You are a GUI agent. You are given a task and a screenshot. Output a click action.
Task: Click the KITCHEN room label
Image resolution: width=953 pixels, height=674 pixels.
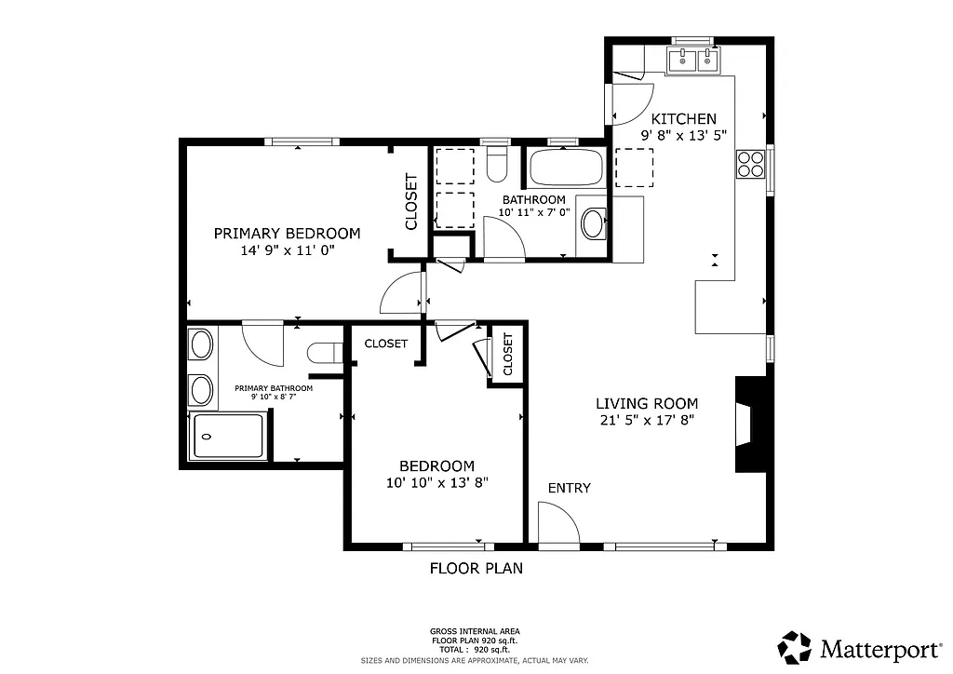(683, 118)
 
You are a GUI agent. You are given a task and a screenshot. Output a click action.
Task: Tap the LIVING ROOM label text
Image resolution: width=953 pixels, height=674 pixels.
(647, 403)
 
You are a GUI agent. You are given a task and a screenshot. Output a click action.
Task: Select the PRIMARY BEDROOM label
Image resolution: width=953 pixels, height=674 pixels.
(287, 233)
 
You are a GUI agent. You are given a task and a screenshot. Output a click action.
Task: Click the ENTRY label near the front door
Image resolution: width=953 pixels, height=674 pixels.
(569, 488)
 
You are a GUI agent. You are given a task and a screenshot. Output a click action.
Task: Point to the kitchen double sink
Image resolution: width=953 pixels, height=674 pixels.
(693, 61)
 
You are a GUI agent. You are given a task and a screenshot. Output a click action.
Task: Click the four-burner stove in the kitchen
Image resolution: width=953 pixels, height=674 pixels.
(749, 164)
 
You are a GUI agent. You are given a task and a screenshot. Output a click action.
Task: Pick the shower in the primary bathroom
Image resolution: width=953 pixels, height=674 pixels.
(228, 437)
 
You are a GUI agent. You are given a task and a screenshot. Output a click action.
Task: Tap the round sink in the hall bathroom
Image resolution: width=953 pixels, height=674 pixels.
(592, 224)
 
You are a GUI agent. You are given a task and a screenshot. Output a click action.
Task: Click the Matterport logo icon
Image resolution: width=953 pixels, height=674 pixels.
(796, 647)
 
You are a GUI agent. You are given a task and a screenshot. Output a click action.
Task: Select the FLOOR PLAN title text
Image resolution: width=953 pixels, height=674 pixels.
(476, 568)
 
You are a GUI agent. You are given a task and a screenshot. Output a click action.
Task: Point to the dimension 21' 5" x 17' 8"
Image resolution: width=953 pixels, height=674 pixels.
(647, 420)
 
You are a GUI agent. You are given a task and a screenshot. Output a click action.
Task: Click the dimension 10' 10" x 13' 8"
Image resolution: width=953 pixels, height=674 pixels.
(436, 482)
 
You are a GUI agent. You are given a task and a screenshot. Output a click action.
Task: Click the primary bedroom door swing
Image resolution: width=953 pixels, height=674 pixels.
(402, 295)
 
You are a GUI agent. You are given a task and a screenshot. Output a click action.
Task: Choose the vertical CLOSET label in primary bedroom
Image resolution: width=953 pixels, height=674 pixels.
(410, 202)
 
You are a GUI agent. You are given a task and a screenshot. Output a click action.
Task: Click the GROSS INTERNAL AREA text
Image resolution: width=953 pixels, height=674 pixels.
(475, 630)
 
